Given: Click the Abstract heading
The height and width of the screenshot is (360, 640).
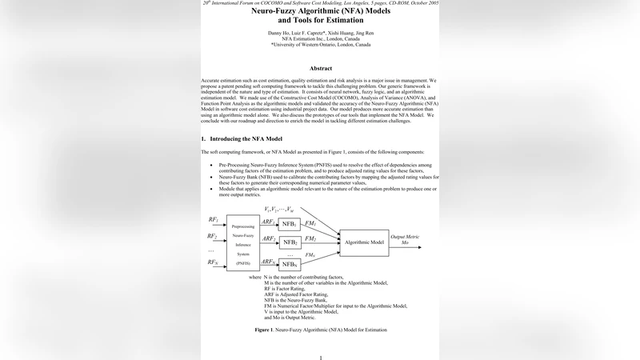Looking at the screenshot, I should (x=320, y=69).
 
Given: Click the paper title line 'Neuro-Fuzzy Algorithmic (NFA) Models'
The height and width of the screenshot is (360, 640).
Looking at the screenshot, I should (x=320, y=14).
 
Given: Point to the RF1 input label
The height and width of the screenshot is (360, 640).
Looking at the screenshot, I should (x=214, y=219).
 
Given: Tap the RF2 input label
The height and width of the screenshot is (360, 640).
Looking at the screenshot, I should (x=212, y=236).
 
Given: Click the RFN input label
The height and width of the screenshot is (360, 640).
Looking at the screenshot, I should (x=213, y=262).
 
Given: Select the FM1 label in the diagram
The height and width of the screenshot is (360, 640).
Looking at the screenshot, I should (x=310, y=222).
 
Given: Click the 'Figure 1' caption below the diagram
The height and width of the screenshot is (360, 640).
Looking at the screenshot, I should (x=320, y=330).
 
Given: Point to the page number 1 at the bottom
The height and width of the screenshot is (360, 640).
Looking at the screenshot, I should (x=320, y=357).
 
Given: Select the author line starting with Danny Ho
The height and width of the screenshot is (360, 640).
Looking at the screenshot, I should (x=320, y=33).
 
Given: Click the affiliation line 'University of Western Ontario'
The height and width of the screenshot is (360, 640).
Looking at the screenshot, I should (x=320, y=45).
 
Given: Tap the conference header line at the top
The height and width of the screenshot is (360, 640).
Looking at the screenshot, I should (x=320, y=3).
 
